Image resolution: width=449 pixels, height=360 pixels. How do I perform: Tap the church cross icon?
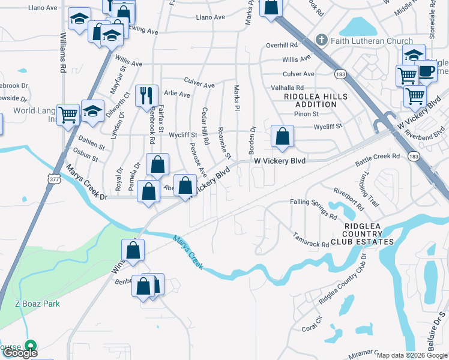coord(322,41)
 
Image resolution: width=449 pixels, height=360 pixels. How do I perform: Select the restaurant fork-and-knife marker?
coord(146,95)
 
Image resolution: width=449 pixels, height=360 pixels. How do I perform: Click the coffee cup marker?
coord(426,71)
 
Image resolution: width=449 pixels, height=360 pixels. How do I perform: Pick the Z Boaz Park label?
coord(37,304)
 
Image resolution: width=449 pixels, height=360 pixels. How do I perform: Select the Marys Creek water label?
coord(189,252)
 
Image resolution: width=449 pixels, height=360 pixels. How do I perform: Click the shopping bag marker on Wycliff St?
coord(282,136)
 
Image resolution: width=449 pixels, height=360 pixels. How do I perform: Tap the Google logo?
coord(20,353)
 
